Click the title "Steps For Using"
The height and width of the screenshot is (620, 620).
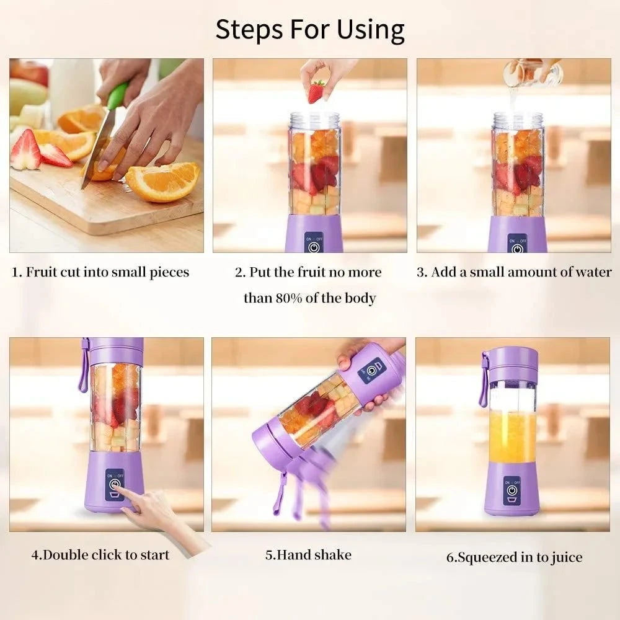point(310,29)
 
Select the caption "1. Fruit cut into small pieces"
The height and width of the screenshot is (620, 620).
point(100,272)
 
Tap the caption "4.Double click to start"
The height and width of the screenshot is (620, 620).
point(100,554)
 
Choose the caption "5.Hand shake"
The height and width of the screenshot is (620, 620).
point(308,554)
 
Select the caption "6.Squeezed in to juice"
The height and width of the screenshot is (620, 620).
point(514,557)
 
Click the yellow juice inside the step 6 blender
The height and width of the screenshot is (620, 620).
point(511,437)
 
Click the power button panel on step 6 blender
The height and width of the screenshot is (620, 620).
point(512,489)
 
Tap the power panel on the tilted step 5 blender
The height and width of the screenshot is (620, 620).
point(371,370)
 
